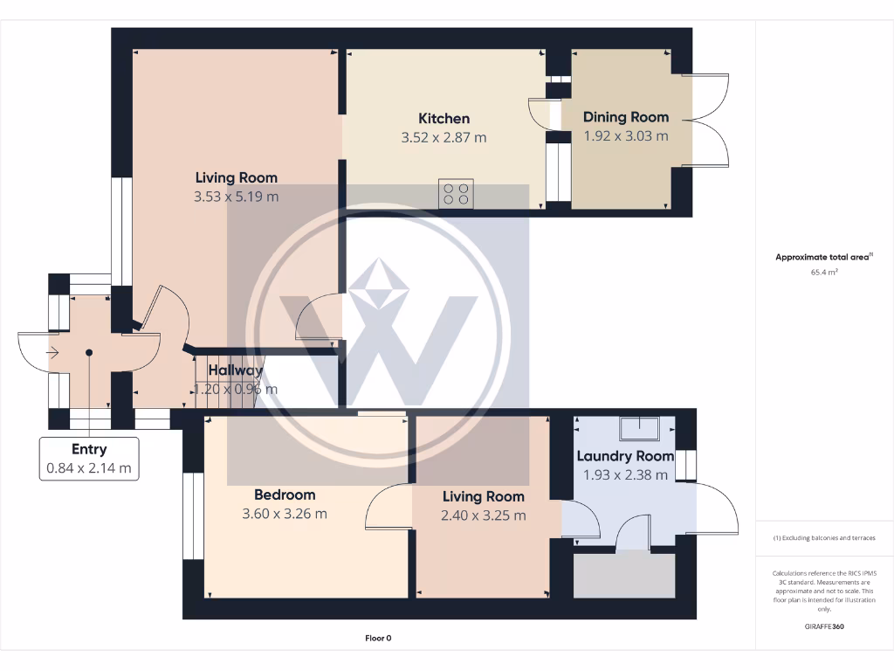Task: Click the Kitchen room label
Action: point(444,119)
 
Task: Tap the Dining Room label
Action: point(626,117)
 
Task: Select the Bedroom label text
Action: point(285,495)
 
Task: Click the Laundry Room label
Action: point(625,456)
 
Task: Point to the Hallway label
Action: point(235,370)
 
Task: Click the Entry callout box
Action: point(89,459)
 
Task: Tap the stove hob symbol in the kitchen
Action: point(455,193)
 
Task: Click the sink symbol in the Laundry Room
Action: point(640,428)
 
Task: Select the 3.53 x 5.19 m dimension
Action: point(237,197)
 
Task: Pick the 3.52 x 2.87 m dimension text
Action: point(444,137)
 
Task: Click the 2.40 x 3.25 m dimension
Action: point(484,515)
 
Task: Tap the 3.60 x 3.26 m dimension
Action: point(285,514)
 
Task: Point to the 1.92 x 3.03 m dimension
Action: point(626,135)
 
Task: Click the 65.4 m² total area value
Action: point(824,273)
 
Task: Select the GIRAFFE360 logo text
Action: point(824,626)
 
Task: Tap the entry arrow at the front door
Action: point(52,353)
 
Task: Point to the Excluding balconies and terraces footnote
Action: point(824,538)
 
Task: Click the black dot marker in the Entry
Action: point(89,353)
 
